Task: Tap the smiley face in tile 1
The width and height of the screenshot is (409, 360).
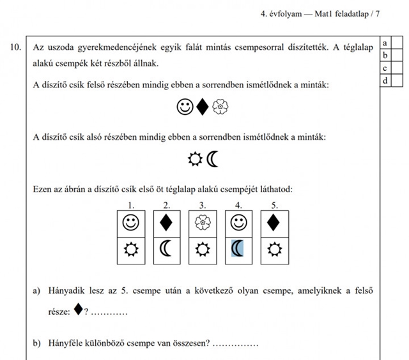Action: pos(130,223)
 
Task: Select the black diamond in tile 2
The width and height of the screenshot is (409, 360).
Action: pos(166,223)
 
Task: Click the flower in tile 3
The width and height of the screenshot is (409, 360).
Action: pos(202,223)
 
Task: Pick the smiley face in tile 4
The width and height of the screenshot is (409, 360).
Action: pos(238,223)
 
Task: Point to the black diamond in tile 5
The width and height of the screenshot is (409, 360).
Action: pos(274,223)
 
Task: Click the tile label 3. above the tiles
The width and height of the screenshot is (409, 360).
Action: pos(202,206)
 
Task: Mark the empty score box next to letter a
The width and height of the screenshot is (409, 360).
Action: pos(397,43)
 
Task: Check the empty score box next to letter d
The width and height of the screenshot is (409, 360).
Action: pos(397,80)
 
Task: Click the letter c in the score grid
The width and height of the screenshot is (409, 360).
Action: pos(385,68)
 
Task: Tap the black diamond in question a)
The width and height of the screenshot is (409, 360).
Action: pos(78,310)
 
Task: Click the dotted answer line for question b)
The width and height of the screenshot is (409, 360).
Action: pos(236,345)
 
